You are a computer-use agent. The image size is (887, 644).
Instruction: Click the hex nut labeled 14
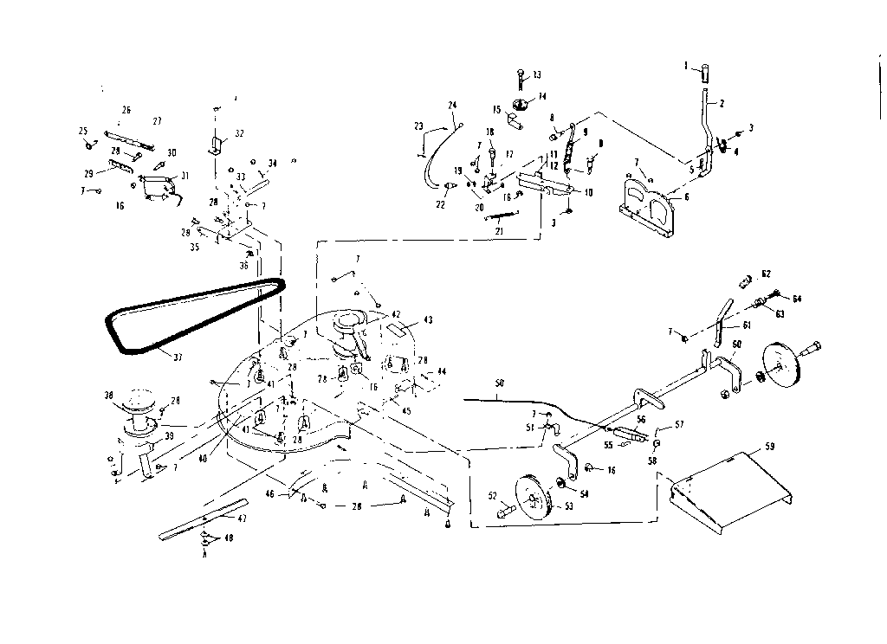point(521,106)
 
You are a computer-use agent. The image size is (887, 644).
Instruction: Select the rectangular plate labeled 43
point(399,328)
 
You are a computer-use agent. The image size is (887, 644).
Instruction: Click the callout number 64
point(798,299)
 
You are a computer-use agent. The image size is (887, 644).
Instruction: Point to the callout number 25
point(83,131)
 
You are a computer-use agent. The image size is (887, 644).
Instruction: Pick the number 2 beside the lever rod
point(722,103)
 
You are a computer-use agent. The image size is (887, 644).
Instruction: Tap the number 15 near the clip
point(497,110)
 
